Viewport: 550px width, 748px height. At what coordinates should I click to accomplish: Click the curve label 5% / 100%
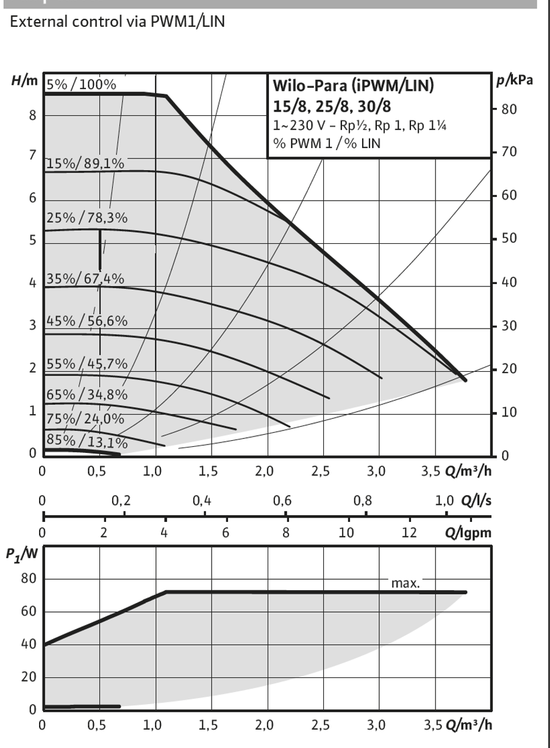[x=81, y=85]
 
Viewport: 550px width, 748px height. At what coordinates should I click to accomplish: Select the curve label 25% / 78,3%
[x=87, y=218]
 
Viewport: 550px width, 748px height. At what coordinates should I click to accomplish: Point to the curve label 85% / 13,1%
[x=87, y=441]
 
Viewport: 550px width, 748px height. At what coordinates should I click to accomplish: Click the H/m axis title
[x=24, y=80]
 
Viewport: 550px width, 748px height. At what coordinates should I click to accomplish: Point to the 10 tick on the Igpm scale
[x=346, y=532]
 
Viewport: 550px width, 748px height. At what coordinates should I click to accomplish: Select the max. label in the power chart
[x=405, y=583]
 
